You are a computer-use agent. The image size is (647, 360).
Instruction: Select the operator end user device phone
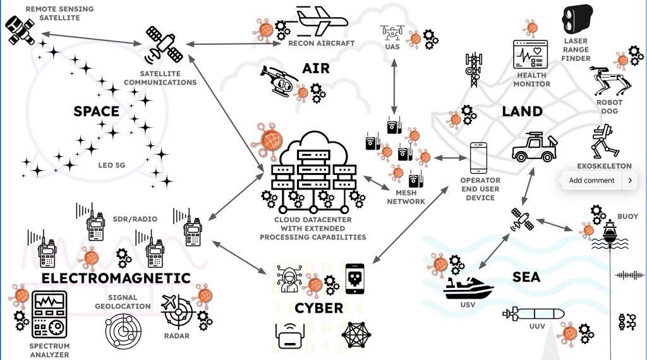click(x=480, y=158)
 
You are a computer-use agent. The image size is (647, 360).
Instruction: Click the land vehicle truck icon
click(x=533, y=147)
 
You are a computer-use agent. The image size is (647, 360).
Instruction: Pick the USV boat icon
click(x=468, y=288)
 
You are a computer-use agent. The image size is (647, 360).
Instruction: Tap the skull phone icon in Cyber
click(x=355, y=279)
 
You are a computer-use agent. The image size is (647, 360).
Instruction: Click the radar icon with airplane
click(x=176, y=311)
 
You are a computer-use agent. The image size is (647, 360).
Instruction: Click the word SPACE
click(x=96, y=112)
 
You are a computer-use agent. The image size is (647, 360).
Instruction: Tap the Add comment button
click(x=591, y=181)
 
